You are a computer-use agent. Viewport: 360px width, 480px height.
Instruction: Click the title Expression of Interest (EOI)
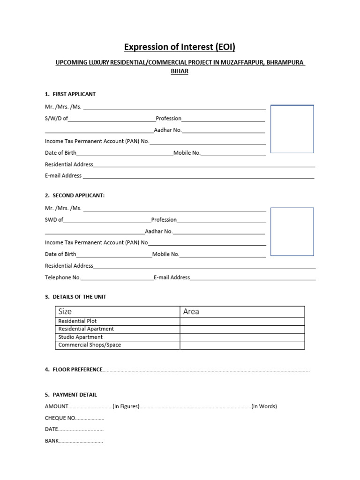(x=180, y=47)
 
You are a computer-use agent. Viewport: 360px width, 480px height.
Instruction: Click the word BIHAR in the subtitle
(x=180, y=72)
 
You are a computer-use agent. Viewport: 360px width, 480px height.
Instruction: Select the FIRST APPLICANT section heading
(x=74, y=94)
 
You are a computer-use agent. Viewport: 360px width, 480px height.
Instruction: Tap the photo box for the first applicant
(x=292, y=129)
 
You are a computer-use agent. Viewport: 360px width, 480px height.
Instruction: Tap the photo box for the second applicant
(x=292, y=232)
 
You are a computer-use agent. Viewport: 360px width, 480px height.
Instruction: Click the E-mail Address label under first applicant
(x=63, y=176)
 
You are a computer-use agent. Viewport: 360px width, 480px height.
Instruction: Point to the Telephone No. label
(x=63, y=277)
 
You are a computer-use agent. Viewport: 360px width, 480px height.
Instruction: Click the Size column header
(x=65, y=312)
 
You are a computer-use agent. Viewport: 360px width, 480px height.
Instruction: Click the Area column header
(x=191, y=312)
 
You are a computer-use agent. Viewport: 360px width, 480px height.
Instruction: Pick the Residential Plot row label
(x=77, y=321)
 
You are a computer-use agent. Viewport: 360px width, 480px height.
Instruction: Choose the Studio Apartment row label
(x=80, y=337)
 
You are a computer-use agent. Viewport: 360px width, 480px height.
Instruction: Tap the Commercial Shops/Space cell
(x=90, y=345)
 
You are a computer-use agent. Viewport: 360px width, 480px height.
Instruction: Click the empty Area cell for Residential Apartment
(x=242, y=329)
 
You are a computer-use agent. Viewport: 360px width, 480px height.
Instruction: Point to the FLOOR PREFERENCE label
(x=77, y=370)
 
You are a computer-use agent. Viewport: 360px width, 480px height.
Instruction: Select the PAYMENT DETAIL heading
(x=75, y=395)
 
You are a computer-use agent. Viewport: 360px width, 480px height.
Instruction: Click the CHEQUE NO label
(x=60, y=418)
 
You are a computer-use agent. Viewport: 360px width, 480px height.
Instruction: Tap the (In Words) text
(x=264, y=406)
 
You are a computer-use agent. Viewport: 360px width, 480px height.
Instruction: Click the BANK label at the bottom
(x=52, y=441)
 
